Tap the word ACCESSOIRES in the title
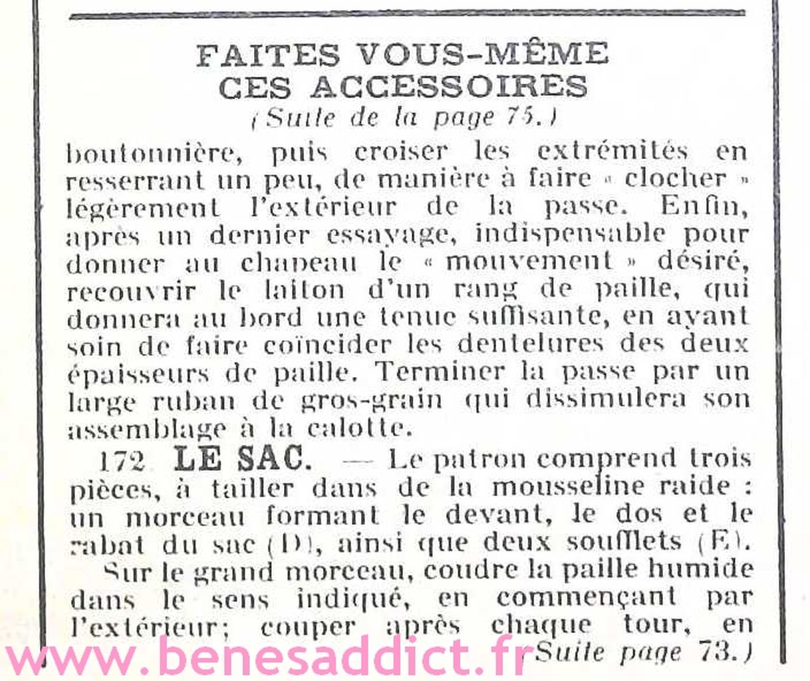[449, 87]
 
